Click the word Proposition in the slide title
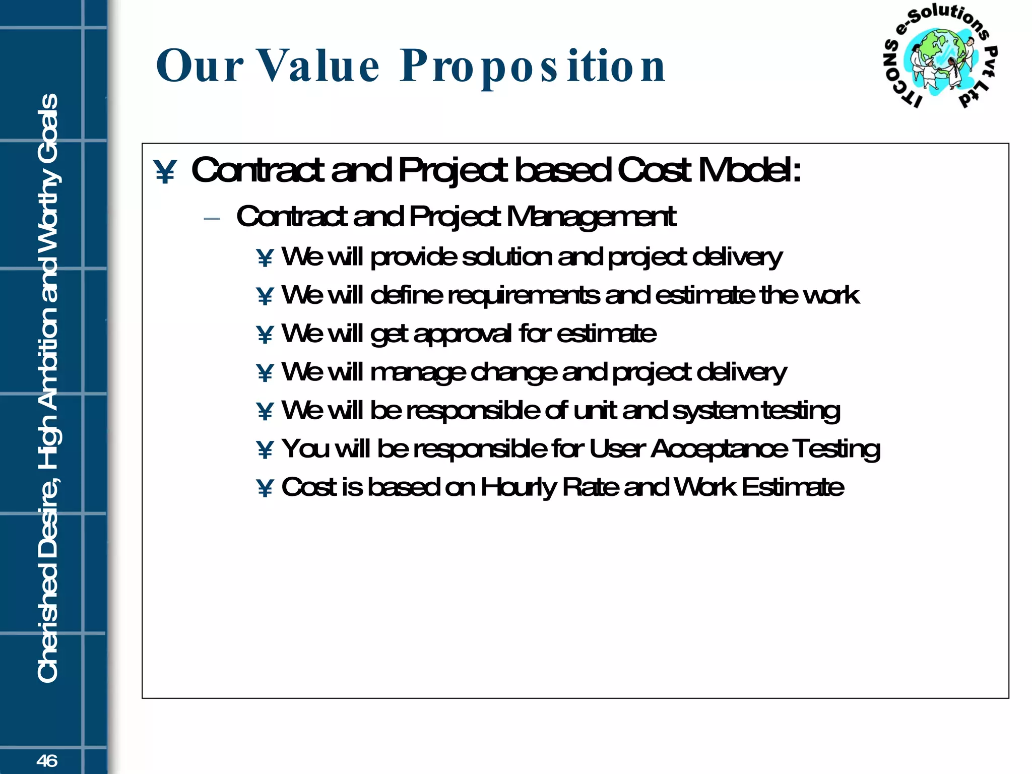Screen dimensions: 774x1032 click(533, 67)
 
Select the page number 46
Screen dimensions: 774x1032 click(47, 760)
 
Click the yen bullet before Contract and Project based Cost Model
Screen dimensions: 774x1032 click(165, 172)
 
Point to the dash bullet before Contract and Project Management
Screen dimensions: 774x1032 click(212, 219)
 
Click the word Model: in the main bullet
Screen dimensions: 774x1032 click(749, 170)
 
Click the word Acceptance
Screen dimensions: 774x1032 click(719, 449)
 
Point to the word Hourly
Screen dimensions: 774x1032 click(518, 488)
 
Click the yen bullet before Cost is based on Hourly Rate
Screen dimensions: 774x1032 click(265, 488)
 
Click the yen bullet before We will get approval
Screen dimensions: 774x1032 click(265, 335)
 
